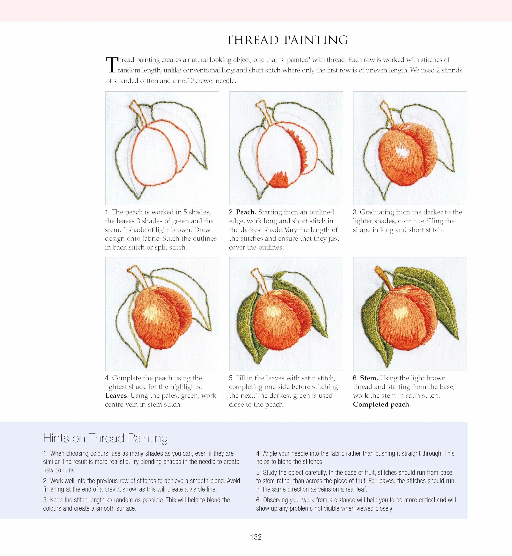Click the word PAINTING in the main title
[316, 40]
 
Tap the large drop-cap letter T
[112, 65]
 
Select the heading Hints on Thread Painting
[105, 438]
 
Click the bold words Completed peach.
[382, 404]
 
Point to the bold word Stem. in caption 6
[369, 378]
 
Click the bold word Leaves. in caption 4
[117, 396]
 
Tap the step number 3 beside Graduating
[355, 212]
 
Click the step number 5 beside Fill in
[231, 378]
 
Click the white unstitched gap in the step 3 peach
[402, 151]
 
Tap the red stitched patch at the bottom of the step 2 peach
[279, 180]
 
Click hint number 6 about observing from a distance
[258, 500]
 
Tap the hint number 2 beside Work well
[45, 481]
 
